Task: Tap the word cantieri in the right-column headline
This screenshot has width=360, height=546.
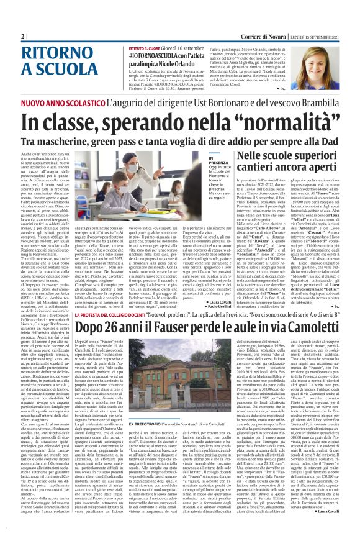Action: [254, 168]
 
